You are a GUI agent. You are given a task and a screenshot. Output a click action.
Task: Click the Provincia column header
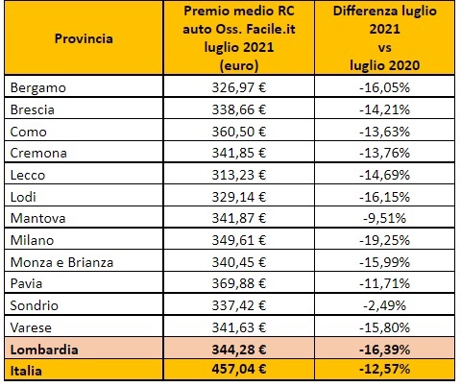click(84, 38)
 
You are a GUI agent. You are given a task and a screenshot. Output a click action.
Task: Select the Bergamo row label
click(38, 88)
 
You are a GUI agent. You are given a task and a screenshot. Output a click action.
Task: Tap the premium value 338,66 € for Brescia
click(239, 109)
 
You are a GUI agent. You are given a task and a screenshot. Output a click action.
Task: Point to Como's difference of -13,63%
click(384, 132)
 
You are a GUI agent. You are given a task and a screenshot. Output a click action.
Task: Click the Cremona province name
click(38, 153)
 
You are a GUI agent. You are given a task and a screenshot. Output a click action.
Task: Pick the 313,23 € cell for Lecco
click(239, 175)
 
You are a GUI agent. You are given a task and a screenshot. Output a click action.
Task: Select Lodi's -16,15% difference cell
click(384, 197)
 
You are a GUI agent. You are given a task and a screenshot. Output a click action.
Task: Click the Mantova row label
click(37, 218)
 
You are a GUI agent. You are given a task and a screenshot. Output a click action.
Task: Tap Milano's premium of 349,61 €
click(239, 240)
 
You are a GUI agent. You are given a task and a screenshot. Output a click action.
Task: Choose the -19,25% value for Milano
click(384, 240)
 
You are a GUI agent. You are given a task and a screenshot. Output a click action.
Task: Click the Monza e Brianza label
click(61, 262)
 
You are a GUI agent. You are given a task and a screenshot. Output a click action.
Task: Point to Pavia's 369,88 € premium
click(239, 283)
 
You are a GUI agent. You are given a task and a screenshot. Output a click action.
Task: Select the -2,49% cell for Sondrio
click(384, 305)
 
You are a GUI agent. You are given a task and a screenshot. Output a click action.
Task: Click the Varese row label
click(31, 327)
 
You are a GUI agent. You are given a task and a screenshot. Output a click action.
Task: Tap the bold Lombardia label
click(44, 350)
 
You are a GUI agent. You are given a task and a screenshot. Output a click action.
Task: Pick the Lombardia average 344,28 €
click(239, 350)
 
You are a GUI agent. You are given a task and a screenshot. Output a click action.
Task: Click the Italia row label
click(26, 371)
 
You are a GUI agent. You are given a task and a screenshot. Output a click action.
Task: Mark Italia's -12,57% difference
click(384, 369)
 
